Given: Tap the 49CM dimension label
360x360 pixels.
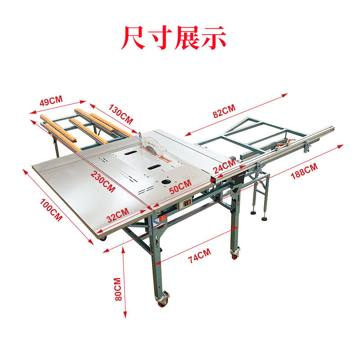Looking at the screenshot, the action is [x=51, y=101].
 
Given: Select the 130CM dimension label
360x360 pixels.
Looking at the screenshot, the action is [x=120, y=114].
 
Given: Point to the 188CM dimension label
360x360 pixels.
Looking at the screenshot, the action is [x=304, y=171].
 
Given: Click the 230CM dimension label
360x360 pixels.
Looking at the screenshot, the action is [x=102, y=181].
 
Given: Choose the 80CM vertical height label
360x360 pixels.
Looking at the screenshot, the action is [x=118, y=289].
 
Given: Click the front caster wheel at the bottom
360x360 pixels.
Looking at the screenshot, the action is [x=162, y=299].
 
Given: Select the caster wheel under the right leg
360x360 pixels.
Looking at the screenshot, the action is [x=234, y=253].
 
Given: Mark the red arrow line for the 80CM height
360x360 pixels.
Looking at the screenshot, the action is [x=125, y=283].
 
